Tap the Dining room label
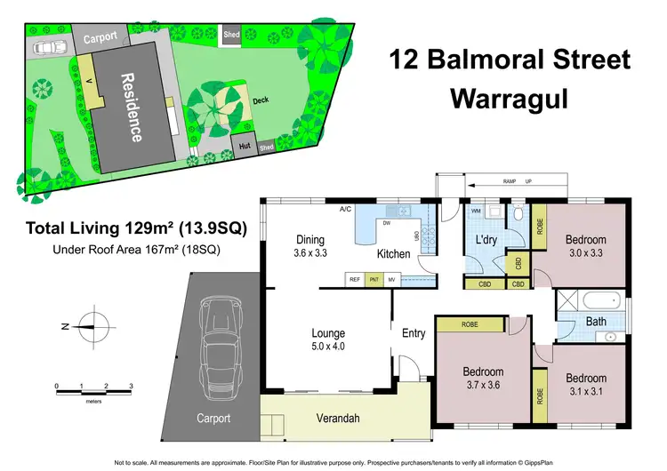coord(311,239)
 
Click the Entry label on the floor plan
coord(414,333)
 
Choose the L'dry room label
coord(485,241)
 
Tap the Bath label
coord(595,322)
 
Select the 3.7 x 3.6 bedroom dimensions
coord(483,386)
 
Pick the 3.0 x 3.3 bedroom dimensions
coord(586,253)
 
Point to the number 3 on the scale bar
coord(132,387)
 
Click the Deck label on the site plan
coord(261,101)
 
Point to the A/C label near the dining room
coord(345,209)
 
